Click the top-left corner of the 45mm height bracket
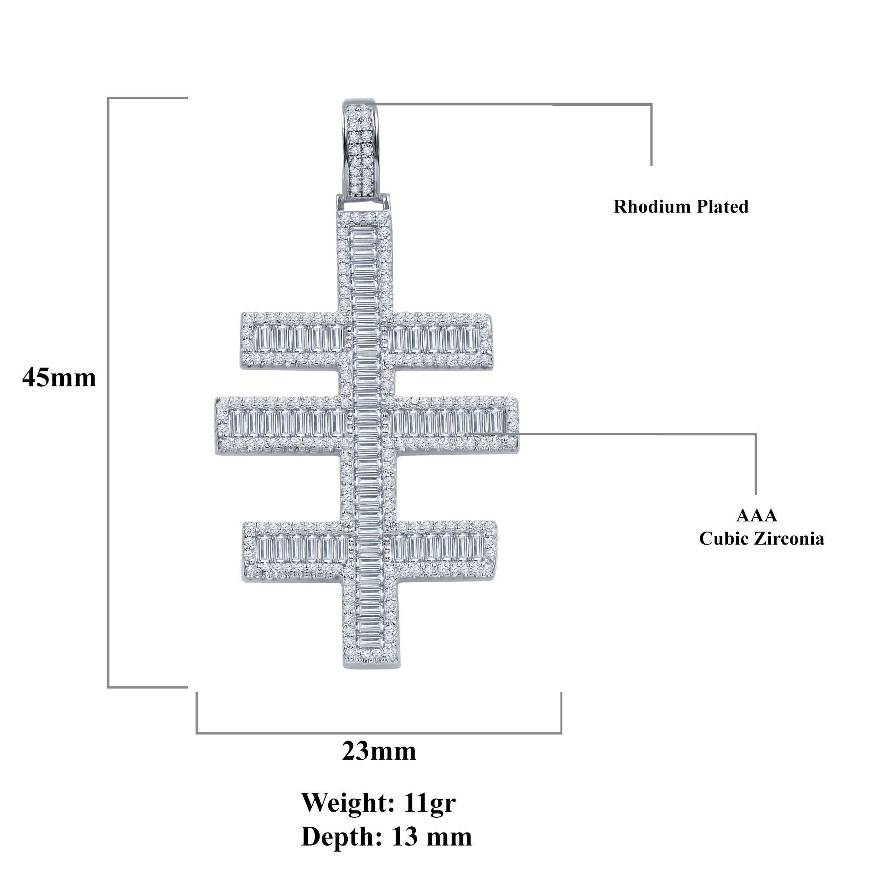click(108, 98)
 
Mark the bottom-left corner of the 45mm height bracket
click(108, 687)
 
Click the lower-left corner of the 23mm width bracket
click(197, 733)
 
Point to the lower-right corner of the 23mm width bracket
click(561, 733)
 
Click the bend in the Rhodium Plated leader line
click(651, 105)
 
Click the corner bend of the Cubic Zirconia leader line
click(755, 434)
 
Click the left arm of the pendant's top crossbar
click(292, 340)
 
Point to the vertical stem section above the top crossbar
click(365, 262)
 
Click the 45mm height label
click(59, 378)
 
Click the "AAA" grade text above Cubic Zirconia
click(757, 515)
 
